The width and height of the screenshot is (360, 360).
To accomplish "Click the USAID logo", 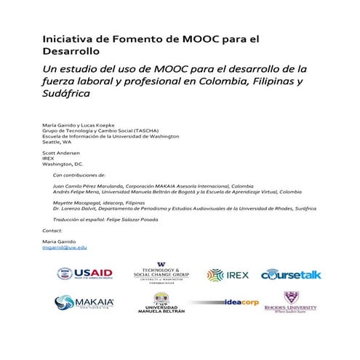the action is [x=85, y=274].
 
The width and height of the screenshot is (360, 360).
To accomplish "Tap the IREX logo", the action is [x=228, y=275].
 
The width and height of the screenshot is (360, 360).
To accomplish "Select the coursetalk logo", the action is [x=291, y=275].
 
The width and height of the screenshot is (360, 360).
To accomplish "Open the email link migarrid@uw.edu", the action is [x=65, y=248].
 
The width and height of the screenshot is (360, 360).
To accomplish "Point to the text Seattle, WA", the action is [x=57, y=142].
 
